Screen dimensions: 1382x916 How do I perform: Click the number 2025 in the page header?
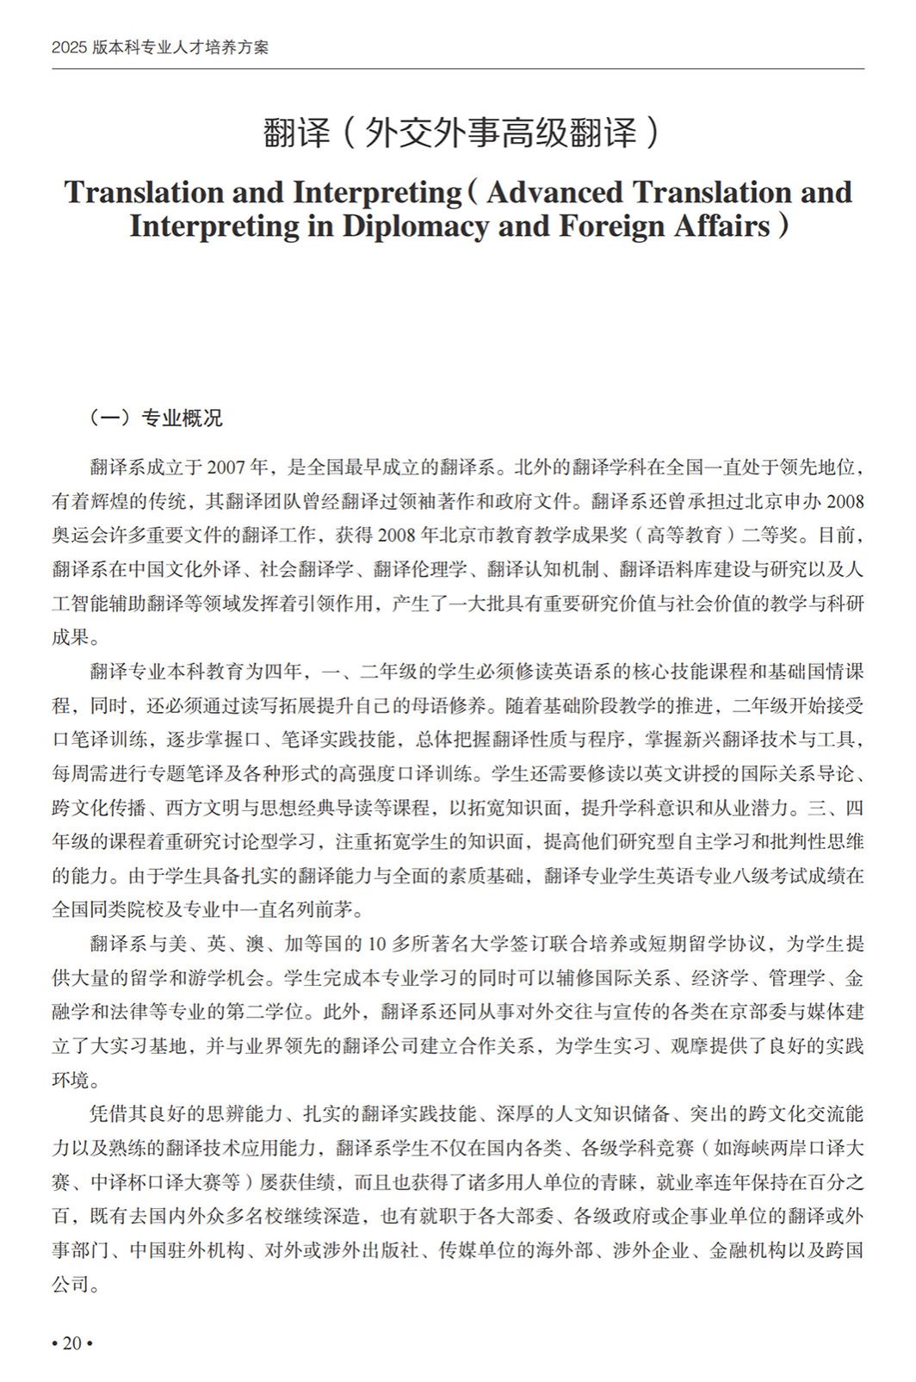pos(65,47)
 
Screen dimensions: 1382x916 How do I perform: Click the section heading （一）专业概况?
pos(154,418)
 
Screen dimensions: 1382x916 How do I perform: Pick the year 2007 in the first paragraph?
pos(224,468)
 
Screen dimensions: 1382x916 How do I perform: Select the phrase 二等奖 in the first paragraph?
pos(775,536)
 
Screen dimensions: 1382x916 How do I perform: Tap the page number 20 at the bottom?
pos(71,1343)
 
